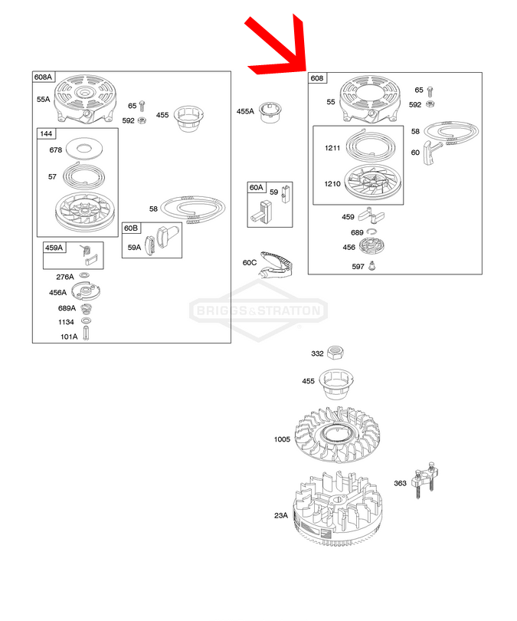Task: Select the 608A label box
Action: click(x=43, y=77)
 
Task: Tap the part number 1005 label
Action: click(x=282, y=439)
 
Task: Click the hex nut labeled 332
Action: click(x=335, y=352)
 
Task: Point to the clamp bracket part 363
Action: click(x=424, y=480)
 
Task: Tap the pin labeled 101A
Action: click(x=86, y=333)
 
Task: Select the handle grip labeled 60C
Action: click(x=275, y=264)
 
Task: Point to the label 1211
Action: click(x=332, y=148)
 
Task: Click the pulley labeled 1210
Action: click(x=374, y=182)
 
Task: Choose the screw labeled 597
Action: click(x=371, y=265)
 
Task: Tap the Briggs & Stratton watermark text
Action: click(x=258, y=310)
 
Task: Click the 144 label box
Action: click(x=46, y=133)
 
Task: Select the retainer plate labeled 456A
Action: click(x=86, y=291)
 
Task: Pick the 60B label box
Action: click(x=131, y=228)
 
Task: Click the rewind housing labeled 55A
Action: click(x=86, y=98)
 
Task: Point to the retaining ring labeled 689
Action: click(x=371, y=232)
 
